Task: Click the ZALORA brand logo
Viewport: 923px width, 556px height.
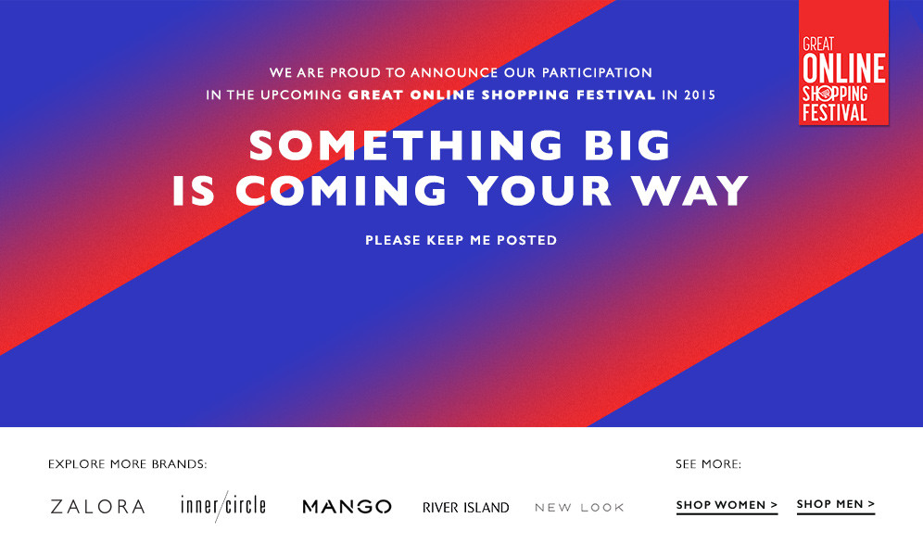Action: click(x=97, y=507)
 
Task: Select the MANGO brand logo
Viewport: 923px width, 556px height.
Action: click(x=347, y=507)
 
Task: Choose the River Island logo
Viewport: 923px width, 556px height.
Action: click(x=465, y=507)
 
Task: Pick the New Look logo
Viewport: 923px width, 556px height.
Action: click(x=579, y=507)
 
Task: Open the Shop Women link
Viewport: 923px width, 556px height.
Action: click(x=727, y=505)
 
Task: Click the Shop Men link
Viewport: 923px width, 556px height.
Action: click(x=836, y=505)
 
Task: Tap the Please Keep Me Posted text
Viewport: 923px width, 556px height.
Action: click(x=461, y=240)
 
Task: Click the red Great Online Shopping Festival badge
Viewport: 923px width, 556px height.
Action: click(x=843, y=62)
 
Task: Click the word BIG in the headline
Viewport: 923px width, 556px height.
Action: click(x=627, y=145)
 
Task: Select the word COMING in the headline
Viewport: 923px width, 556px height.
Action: click(x=341, y=190)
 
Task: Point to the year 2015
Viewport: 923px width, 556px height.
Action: click(x=700, y=95)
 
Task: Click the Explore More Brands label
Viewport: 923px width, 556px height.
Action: click(x=127, y=464)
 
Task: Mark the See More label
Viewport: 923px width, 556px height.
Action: click(x=708, y=464)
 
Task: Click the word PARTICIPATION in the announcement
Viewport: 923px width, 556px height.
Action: click(x=597, y=72)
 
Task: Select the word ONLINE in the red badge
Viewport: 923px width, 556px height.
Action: click(x=844, y=69)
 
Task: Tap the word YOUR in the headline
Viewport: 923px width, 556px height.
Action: click(x=540, y=190)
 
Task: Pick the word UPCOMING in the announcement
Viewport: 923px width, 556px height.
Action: click(x=301, y=95)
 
